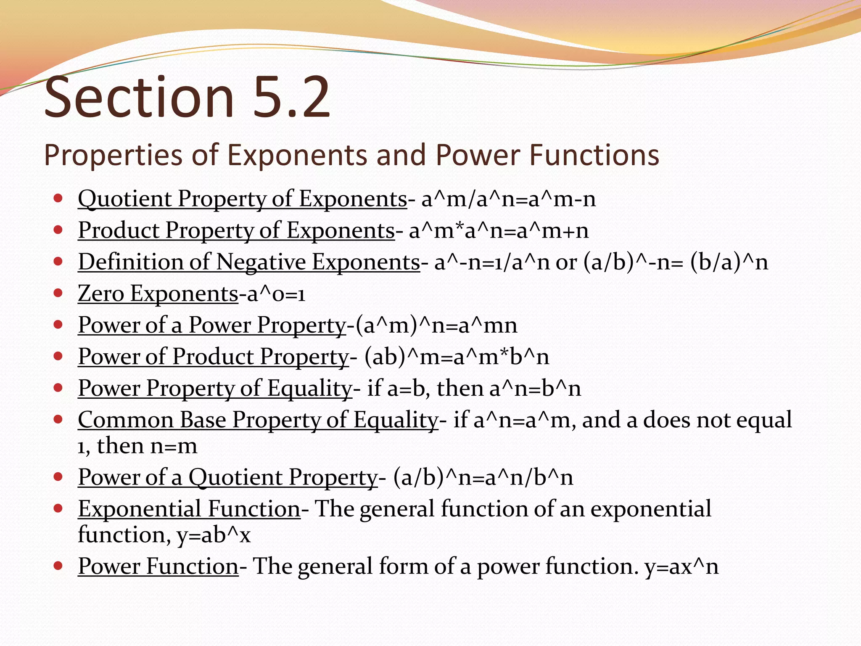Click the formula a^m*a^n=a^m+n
point(499,230)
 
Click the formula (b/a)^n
point(729,262)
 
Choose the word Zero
point(101,293)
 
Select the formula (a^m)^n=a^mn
point(436,325)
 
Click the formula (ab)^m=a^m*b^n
point(457,357)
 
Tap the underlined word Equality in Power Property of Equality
point(309,388)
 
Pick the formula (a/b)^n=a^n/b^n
point(483,477)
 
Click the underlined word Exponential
point(139,509)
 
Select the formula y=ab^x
point(214,535)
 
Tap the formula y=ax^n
point(681,567)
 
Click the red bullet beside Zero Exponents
point(58,292)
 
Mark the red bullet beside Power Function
point(58,565)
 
